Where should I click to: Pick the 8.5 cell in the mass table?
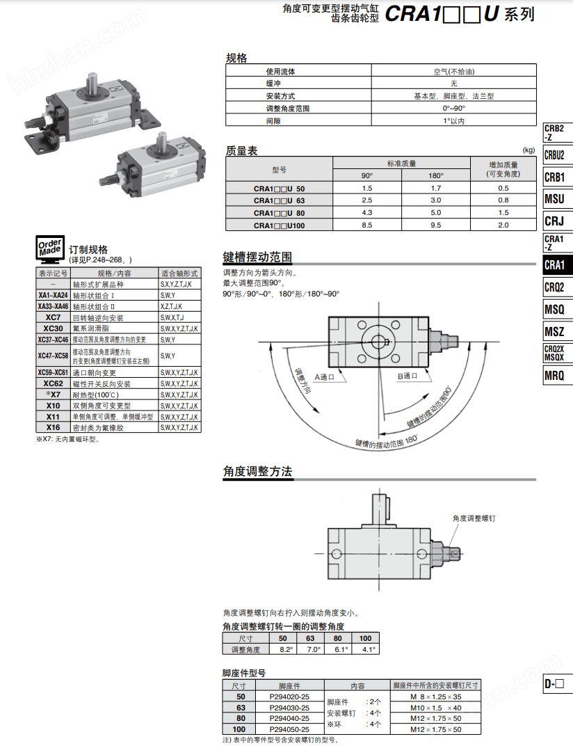(367, 225)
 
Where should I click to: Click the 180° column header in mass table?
(436, 175)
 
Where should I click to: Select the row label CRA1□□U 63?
(279, 201)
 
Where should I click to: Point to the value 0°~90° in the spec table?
(454, 109)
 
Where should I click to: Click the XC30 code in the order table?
(53, 328)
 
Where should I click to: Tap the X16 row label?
(53, 427)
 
